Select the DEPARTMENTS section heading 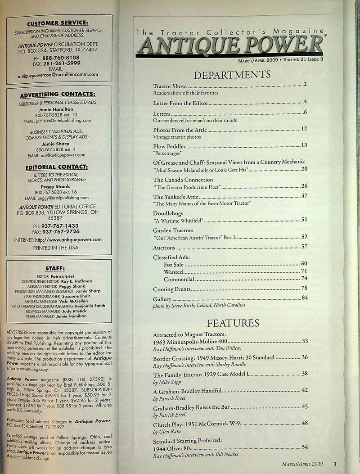(232, 74)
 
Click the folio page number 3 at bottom (335, 464)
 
